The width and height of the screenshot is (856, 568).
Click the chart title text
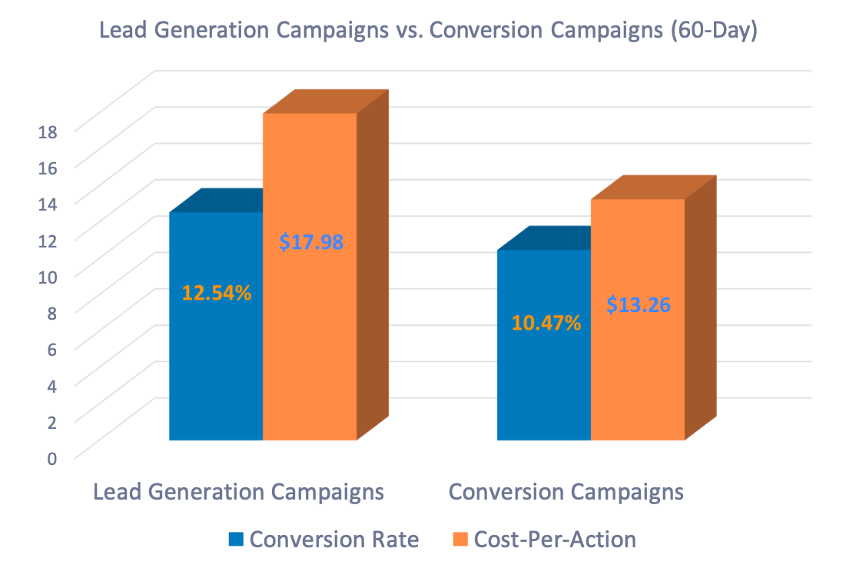click(427, 33)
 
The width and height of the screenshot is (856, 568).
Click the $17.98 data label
click(310, 242)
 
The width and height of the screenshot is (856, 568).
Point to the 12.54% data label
click(216, 293)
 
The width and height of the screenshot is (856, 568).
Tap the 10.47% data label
click(546, 323)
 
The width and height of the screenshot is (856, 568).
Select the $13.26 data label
click(638, 304)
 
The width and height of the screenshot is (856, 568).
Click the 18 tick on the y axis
click(48, 132)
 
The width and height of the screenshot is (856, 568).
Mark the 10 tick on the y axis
click(48, 277)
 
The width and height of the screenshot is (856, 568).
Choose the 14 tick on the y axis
click(48, 204)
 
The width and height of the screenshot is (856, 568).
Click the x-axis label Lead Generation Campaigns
click(238, 492)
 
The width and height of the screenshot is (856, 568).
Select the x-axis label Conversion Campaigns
click(566, 492)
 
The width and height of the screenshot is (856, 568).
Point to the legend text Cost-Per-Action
click(555, 540)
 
